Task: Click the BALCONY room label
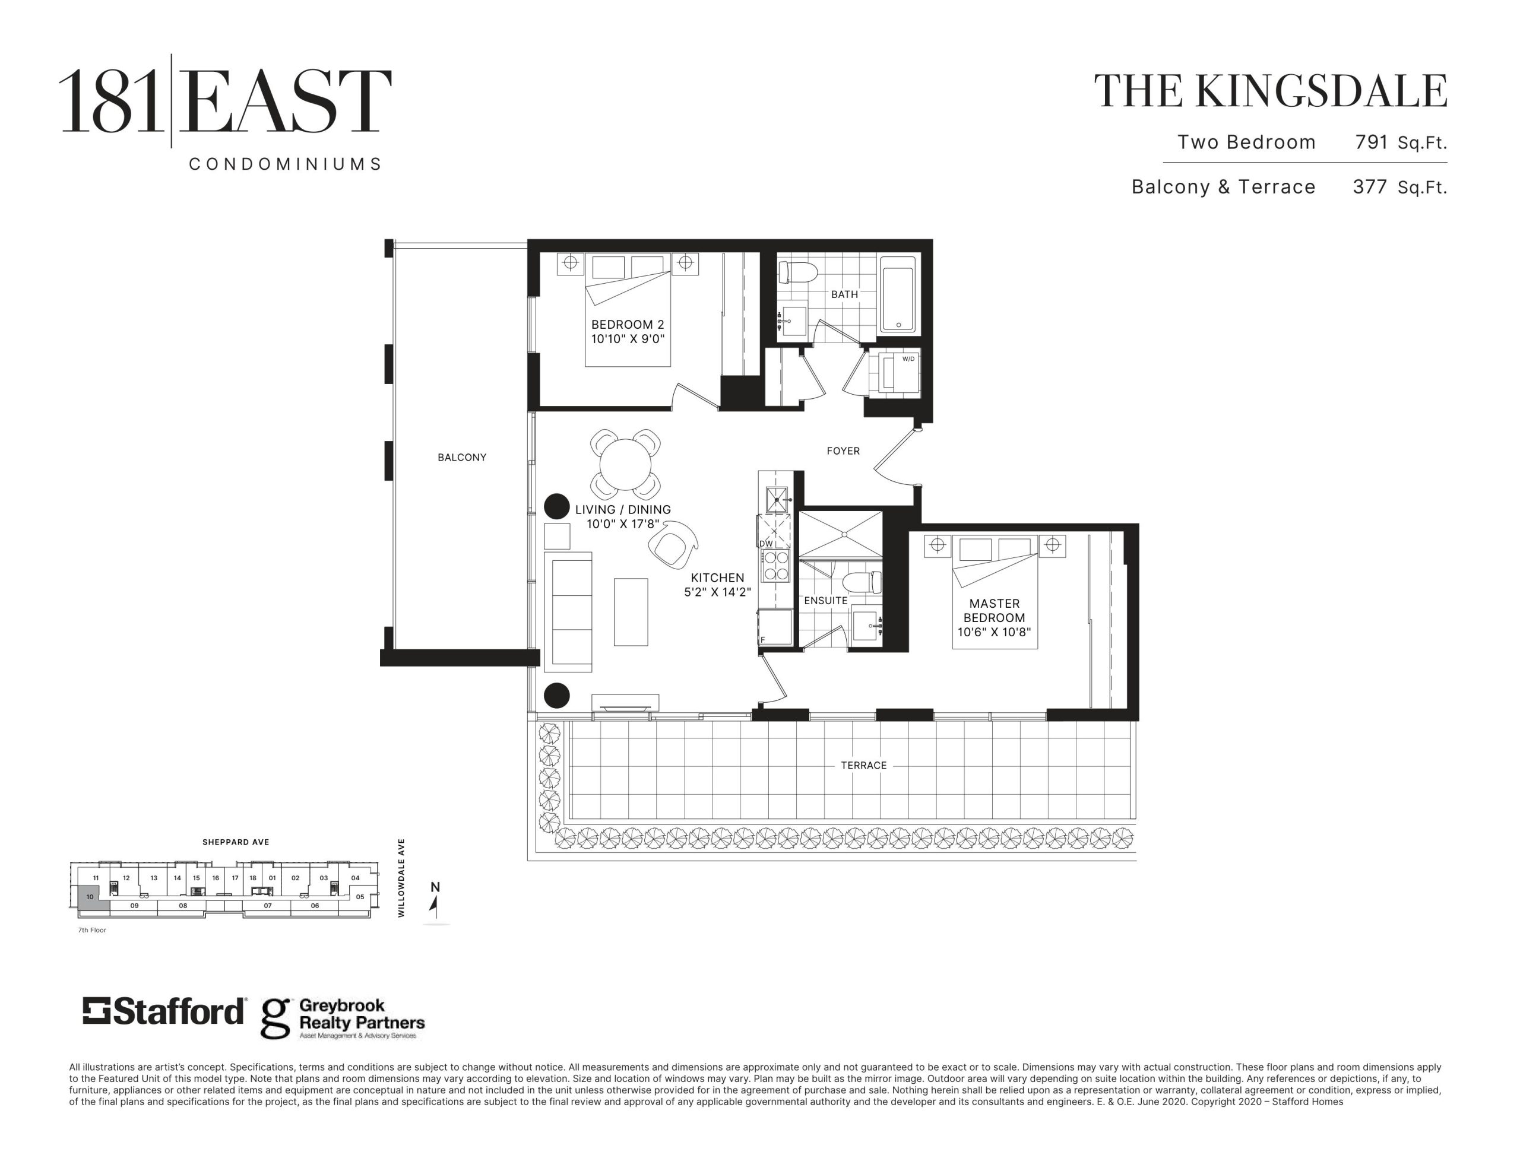(x=461, y=457)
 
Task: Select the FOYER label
(x=843, y=451)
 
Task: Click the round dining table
(x=625, y=465)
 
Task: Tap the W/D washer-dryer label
(x=908, y=359)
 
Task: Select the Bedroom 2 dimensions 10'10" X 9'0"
(x=628, y=339)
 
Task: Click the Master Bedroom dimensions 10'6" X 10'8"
(x=994, y=633)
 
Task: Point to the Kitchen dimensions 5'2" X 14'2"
(x=717, y=592)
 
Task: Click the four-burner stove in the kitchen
(x=775, y=565)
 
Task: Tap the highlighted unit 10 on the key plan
(x=90, y=897)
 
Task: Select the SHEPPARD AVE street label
(x=235, y=842)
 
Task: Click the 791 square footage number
(x=1371, y=142)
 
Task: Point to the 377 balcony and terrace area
(x=1370, y=186)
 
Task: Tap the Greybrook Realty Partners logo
(x=343, y=1019)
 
